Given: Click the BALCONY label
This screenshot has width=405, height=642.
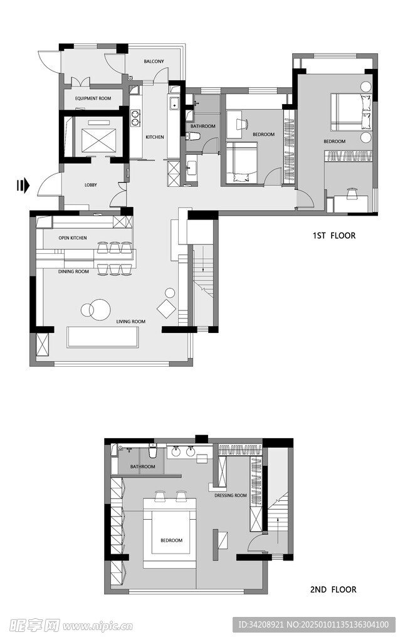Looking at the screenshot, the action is pyautogui.click(x=154, y=61).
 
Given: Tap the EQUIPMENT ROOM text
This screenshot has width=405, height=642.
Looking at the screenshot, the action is pyautogui.click(x=93, y=98).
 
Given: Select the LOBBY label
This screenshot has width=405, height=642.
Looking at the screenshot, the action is pyautogui.click(x=90, y=185).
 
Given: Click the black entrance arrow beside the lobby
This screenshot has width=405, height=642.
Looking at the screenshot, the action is pyautogui.click(x=23, y=186).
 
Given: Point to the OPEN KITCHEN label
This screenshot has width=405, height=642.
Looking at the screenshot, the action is pyautogui.click(x=73, y=238).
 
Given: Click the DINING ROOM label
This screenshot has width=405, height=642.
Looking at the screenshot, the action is pyautogui.click(x=73, y=271).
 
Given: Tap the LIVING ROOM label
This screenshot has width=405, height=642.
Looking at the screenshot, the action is pyautogui.click(x=130, y=322).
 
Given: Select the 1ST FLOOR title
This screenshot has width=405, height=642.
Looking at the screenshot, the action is pyautogui.click(x=334, y=236).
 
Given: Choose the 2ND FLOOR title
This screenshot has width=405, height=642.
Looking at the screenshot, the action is pyautogui.click(x=334, y=589).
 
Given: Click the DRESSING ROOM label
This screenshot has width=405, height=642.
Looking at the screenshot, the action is pyautogui.click(x=231, y=495).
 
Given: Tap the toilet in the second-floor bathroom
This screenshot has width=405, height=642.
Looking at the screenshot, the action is pyautogui.click(x=153, y=452).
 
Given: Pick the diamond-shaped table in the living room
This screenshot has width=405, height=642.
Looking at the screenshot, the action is pyautogui.click(x=167, y=308).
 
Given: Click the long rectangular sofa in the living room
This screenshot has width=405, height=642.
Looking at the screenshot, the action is pyautogui.click(x=102, y=337).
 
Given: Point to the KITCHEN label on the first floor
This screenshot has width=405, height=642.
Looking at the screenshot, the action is pyautogui.click(x=155, y=137).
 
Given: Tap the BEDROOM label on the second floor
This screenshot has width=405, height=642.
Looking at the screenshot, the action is pyautogui.click(x=172, y=540).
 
